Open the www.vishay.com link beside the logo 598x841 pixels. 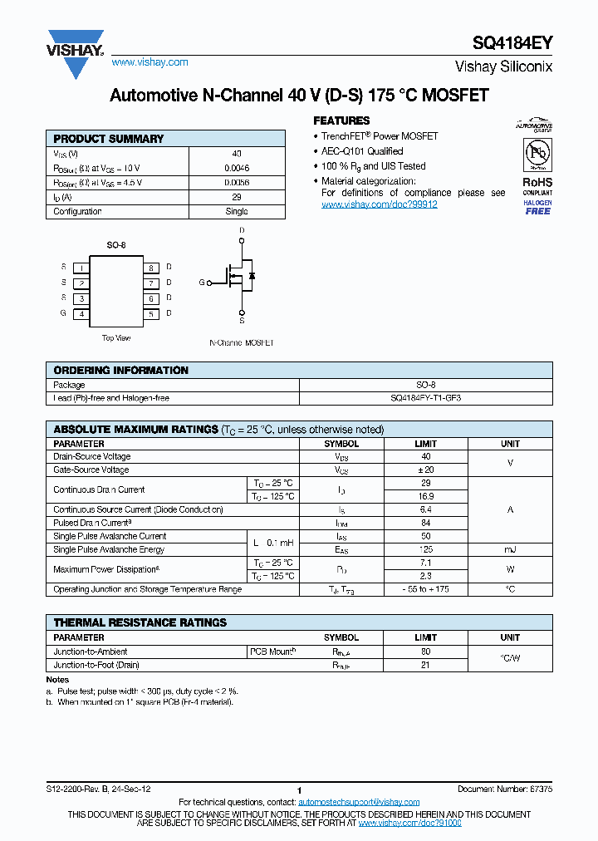(x=149, y=62)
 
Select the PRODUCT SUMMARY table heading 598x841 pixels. (x=109, y=139)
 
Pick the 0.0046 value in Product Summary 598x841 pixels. (x=237, y=168)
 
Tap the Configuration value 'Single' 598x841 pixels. (x=237, y=211)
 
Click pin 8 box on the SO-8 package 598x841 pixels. (x=151, y=268)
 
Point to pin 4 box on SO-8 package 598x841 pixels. (x=81, y=314)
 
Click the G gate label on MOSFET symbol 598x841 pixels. (x=201, y=283)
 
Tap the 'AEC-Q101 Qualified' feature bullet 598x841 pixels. (x=362, y=151)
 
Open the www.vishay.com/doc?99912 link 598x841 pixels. (x=379, y=204)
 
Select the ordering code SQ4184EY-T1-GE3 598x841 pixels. (x=425, y=398)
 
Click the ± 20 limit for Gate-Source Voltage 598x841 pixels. (x=425, y=470)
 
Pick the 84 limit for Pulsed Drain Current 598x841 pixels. (x=425, y=523)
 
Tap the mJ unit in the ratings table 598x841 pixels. (x=510, y=549)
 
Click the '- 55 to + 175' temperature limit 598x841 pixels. (x=425, y=589)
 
